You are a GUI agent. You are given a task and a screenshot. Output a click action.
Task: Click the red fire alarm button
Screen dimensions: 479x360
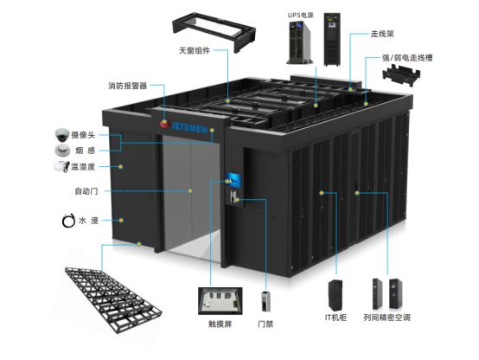click(164, 124)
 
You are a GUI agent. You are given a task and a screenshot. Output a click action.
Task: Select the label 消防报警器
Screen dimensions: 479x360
click(128, 86)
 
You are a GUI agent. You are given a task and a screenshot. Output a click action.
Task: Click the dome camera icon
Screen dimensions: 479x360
click(62, 135)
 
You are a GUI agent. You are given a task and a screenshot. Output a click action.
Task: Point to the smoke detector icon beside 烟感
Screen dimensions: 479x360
click(62, 151)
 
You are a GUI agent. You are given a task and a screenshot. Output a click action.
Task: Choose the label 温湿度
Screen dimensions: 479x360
click(83, 167)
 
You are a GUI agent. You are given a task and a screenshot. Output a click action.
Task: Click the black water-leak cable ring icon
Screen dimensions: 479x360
click(68, 220)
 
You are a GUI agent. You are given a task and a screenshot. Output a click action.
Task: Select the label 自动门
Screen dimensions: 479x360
click(86, 191)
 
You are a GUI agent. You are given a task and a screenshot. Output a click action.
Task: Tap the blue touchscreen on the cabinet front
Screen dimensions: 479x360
click(233, 180)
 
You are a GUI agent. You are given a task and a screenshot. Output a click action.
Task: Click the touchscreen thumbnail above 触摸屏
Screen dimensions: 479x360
click(220, 301)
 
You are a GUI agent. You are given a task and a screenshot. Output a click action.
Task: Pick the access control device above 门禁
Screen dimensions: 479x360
click(265, 301)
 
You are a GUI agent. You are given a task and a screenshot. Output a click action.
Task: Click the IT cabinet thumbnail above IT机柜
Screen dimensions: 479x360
click(335, 295)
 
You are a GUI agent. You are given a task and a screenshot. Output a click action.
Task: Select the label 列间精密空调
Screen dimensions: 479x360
click(386, 318)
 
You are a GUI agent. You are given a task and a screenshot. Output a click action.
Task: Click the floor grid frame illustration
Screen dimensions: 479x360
click(113, 299)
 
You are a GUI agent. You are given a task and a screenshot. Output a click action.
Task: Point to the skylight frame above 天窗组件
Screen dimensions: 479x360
click(214, 31)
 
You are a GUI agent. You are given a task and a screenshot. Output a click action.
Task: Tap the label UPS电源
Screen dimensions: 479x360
click(301, 16)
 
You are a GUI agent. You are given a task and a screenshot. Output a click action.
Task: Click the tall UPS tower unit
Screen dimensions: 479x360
click(332, 39)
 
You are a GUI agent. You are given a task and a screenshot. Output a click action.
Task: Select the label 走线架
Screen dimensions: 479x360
click(382, 34)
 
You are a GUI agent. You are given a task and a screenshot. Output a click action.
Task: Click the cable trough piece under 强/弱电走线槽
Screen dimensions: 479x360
click(401, 75)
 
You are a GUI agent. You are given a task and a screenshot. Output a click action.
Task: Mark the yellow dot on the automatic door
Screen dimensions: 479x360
click(190, 191)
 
